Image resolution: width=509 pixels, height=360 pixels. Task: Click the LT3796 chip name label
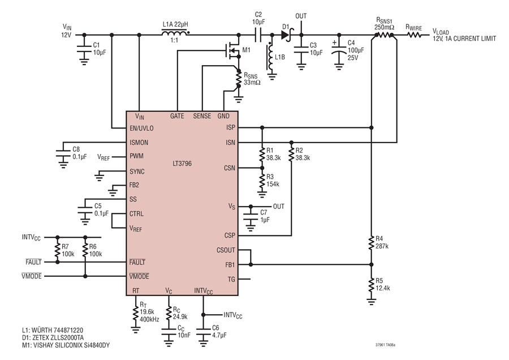pyautogui.click(x=182, y=164)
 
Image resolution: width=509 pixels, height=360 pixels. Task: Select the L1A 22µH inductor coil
pyautogui.click(x=175, y=33)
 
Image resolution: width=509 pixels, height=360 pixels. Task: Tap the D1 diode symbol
pyautogui.click(x=286, y=35)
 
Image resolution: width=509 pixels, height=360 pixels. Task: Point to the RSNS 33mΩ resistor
pyautogui.click(x=239, y=78)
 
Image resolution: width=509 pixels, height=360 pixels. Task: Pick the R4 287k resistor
pyautogui.click(x=372, y=244)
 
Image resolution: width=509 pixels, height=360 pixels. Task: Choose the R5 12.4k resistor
pyautogui.click(x=372, y=285)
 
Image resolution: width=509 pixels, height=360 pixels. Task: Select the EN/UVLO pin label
pyautogui.click(x=141, y=128)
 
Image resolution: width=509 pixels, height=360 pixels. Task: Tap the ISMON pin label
pyautogui.click(x=139, y=143)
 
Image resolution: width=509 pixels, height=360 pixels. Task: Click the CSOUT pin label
pyautogui.click(x=226, y=250)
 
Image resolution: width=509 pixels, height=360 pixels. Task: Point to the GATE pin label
pyautogui.click(x=177, y=116)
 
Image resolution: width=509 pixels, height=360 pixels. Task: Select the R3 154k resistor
pyautogui.click(x=262, y=183)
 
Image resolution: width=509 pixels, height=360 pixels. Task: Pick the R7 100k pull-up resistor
pyautogui.click(x=58, y=250)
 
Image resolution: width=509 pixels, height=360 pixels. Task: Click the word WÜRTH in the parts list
pyautogui.click(x=42, y=331)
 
